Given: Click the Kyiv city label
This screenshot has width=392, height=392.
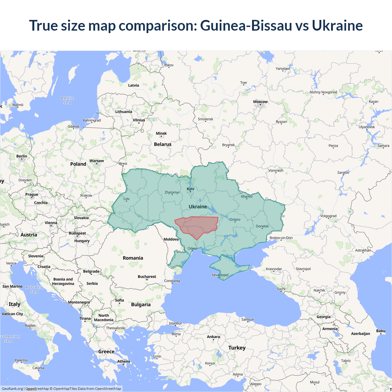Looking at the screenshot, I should (190, 189).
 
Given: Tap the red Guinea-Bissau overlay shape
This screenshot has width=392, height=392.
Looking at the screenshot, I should (198, 226).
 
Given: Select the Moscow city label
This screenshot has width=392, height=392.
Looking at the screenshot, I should (260, 102).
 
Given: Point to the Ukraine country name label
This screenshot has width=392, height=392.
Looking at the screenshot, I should (198, 207).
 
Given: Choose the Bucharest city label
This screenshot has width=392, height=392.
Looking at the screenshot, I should (147, 277).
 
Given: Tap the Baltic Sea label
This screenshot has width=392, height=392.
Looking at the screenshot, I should (67, 100).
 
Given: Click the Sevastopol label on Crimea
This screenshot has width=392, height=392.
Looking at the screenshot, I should (220, 275).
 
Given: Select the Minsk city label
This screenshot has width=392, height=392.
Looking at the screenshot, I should (161, 133).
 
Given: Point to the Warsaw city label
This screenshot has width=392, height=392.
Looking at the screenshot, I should (96, 161).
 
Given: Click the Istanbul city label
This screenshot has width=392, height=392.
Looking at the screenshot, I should (175, 323).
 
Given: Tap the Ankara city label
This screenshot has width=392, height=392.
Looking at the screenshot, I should (213, 337).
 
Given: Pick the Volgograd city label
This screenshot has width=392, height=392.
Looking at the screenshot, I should (328, 216).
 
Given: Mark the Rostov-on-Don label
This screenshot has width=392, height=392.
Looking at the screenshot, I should (281, 238).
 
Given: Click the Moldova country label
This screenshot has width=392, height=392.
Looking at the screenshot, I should (171, 239).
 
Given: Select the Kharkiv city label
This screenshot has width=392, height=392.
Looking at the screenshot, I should (247, 197).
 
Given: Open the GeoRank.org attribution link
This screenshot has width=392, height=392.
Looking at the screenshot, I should (12, 389).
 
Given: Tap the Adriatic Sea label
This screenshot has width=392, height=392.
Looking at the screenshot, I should (34, 289).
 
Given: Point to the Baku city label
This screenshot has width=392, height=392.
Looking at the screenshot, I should (381, 331).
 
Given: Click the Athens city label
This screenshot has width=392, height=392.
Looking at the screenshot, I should (123, 361).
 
